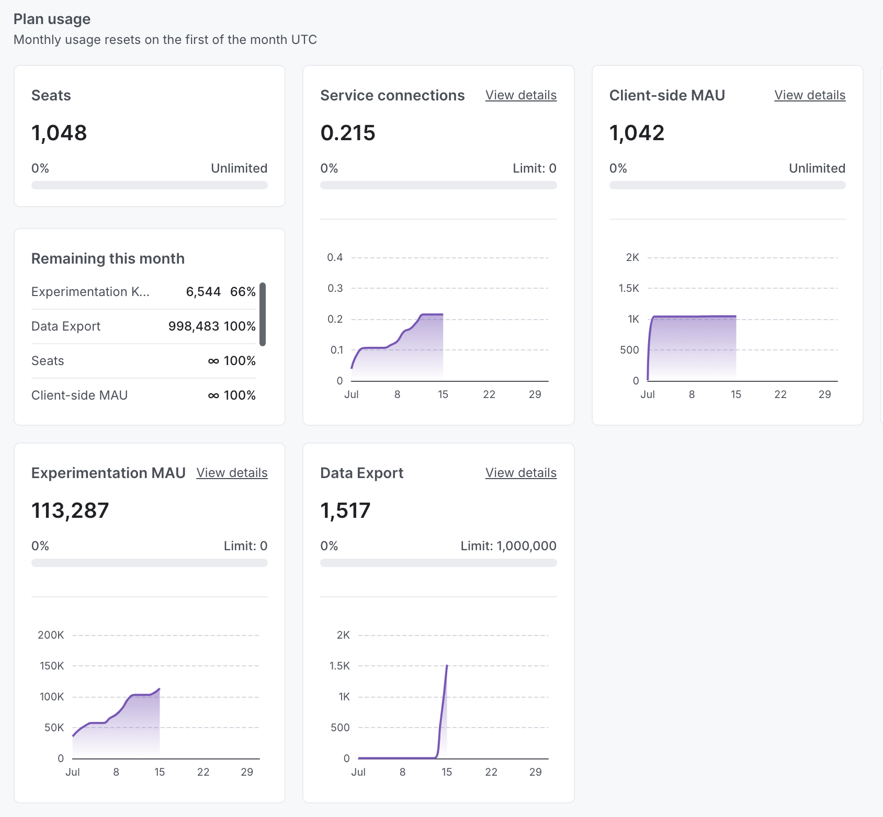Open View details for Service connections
pos(520,95)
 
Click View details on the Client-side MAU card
pos(809,95)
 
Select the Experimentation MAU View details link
pos(232,473)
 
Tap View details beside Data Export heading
pos(520,473)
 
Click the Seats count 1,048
pos(59,133)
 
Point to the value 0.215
pos(348,133)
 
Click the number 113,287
pos(70,510)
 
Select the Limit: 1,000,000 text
pos(508,546)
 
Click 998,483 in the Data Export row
pos(194,326)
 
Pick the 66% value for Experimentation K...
pos(243,292)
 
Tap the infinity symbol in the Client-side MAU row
pos(213,396)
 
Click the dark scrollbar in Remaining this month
pos(263,314)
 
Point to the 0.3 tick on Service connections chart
pos(335,288)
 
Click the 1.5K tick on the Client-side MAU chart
pos(629,288)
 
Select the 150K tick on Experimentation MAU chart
pos(52,666)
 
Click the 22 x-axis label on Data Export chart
pos(491,772)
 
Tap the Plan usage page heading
pos(52,19)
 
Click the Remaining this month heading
pos(108,258)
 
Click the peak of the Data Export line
pos(447,666)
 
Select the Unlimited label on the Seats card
pos(239,168)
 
